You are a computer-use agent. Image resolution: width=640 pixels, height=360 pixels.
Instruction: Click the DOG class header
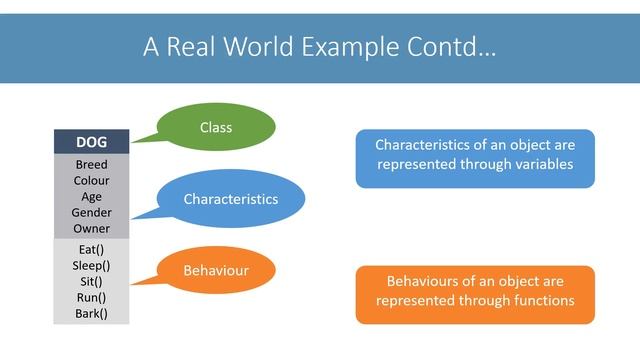pos(91,142)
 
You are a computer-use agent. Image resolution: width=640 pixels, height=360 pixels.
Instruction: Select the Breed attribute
pos(91,165)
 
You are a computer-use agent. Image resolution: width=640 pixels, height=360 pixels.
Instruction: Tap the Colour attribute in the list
pos(91,181)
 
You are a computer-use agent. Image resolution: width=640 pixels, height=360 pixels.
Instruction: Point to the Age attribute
pos(91,197)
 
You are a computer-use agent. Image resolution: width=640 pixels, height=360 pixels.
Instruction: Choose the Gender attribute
pos(91,213)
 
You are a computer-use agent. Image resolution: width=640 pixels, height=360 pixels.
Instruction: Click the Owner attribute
pos(91,229)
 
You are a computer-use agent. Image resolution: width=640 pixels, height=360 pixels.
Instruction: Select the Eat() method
pos(91,249)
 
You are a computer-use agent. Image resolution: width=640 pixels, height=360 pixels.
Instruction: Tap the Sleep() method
pos(91,265)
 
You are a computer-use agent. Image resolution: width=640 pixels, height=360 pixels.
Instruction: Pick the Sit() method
pos(91,281)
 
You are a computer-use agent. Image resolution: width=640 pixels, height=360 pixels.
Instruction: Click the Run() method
pos(91,297)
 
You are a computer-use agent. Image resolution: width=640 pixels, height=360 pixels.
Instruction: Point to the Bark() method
pos(91,313)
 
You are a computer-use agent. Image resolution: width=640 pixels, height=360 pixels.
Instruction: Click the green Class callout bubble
pos(216,128)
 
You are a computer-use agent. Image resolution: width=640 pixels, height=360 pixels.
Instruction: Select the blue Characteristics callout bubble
pos(231,199)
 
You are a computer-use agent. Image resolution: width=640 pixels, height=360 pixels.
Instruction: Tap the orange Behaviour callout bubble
pos(216,271)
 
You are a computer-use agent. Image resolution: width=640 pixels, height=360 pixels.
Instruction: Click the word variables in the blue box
pos(540,165)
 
